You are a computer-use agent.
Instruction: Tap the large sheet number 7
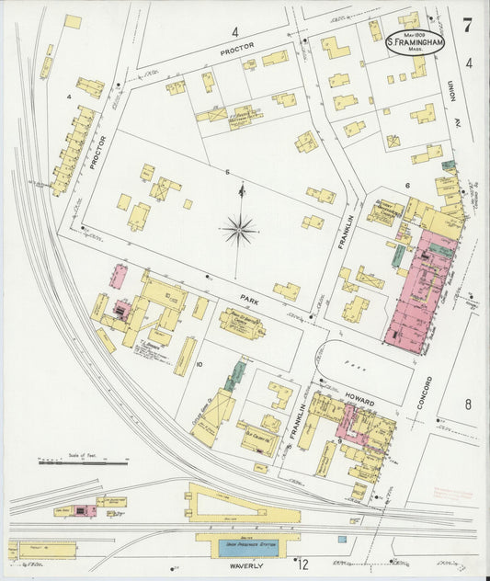tap(467, 25)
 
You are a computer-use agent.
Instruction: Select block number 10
tap(198, 364)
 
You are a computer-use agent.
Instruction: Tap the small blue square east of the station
tap(342, 540)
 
